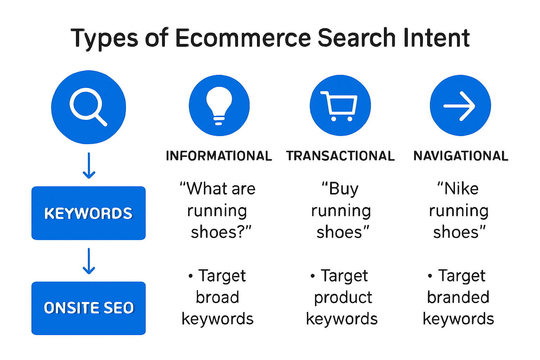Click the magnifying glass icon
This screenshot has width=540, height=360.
tap(88, 107)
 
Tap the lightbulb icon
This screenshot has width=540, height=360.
tap(219, 105)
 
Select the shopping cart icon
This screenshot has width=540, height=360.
tap(340, 105)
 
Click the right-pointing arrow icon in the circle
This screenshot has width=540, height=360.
tap(460, 105)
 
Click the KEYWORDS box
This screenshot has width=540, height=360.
tap(89, 213)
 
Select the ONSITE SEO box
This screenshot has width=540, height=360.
tap(89, 308)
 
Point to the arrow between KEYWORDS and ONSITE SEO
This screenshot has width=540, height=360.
tap(89, 261)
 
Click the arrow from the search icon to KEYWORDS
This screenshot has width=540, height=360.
tap(89, 165)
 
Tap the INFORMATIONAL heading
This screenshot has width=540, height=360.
tap(219, 156)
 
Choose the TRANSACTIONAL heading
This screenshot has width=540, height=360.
tap(340, 156)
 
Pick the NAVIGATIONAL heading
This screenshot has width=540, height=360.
tap(461, 156)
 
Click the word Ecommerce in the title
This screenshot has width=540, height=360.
tap(243, 38)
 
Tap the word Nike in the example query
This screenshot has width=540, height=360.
tap(461, 189)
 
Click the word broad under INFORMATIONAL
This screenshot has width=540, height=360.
tap(218, 297)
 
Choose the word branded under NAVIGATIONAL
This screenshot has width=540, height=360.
tap(458, 297)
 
